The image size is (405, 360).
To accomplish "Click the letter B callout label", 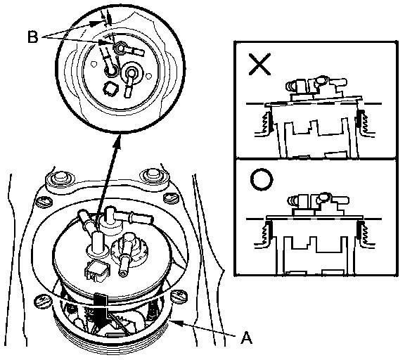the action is [x=32, y=37].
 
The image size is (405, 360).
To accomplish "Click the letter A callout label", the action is [x=246, y=337].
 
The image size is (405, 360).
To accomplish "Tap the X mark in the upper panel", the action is [x=259, y=64].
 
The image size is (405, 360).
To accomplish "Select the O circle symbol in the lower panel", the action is [x=262, y=180].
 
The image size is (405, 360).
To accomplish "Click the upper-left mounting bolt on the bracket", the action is [x=60, y=177].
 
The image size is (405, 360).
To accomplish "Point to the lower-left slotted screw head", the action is [x=43, y=301].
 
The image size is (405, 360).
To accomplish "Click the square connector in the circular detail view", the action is [x=111, y=89].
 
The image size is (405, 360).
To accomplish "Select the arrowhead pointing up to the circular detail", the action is [x=119, y=140].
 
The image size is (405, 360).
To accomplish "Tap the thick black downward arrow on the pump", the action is [x=101, y=311].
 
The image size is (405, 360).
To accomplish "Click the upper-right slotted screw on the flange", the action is [x=171, y=198].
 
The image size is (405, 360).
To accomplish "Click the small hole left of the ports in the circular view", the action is [x=94, y=63].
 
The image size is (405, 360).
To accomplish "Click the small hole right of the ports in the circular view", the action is [x=148, y=76].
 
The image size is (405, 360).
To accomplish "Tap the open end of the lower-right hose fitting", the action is [x=122, y=272].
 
